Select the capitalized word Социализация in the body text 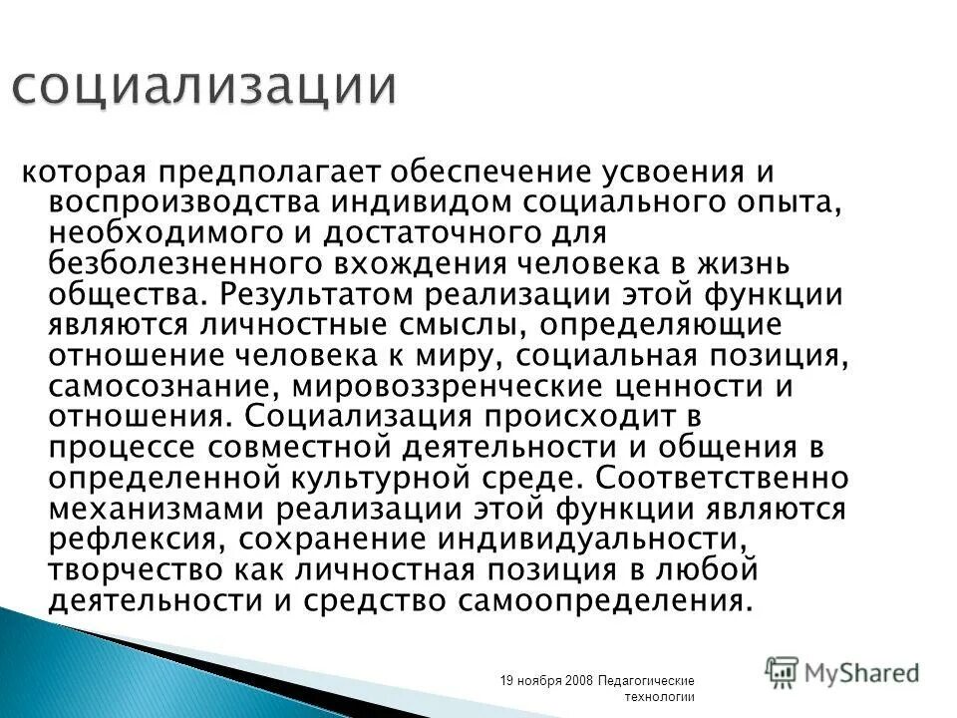(x=353, y=417)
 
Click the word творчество (x=137, y=571)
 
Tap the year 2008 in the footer (x=579, y=680)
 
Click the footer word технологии (x=659, y=696)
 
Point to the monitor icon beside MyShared (x=783, y=671)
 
